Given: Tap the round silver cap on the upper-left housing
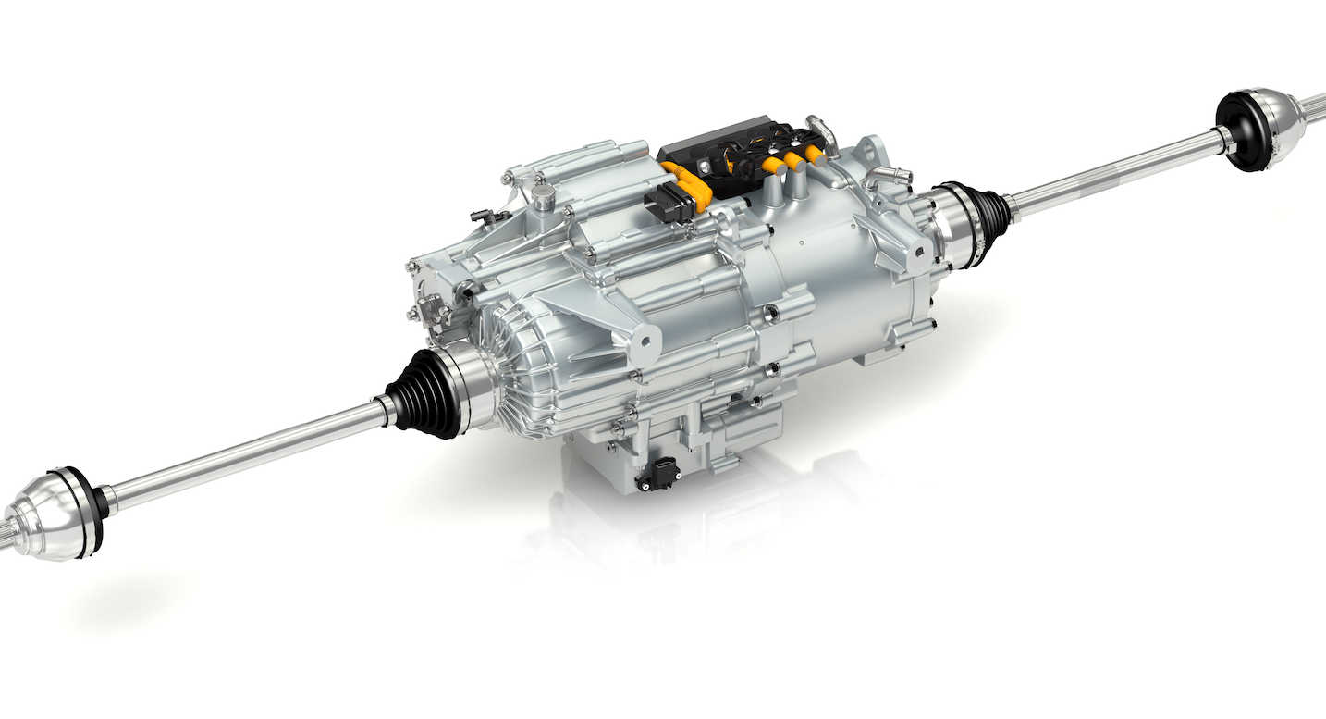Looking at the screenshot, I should [543, 195].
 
